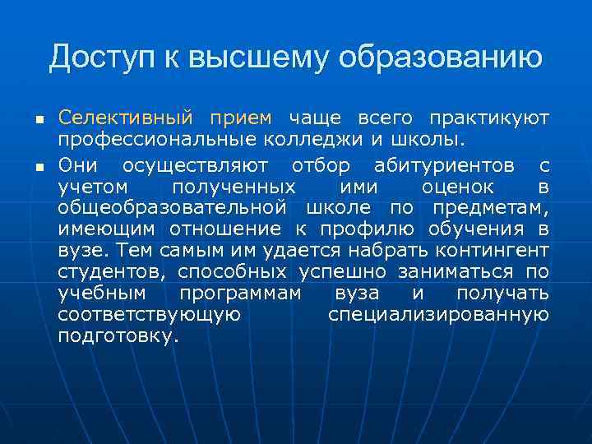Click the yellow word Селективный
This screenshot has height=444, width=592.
(125, 118)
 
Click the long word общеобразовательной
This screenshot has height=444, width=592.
(172, 206)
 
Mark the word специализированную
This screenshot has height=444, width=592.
(438, 315)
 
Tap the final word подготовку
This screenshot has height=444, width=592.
(118, 336)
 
